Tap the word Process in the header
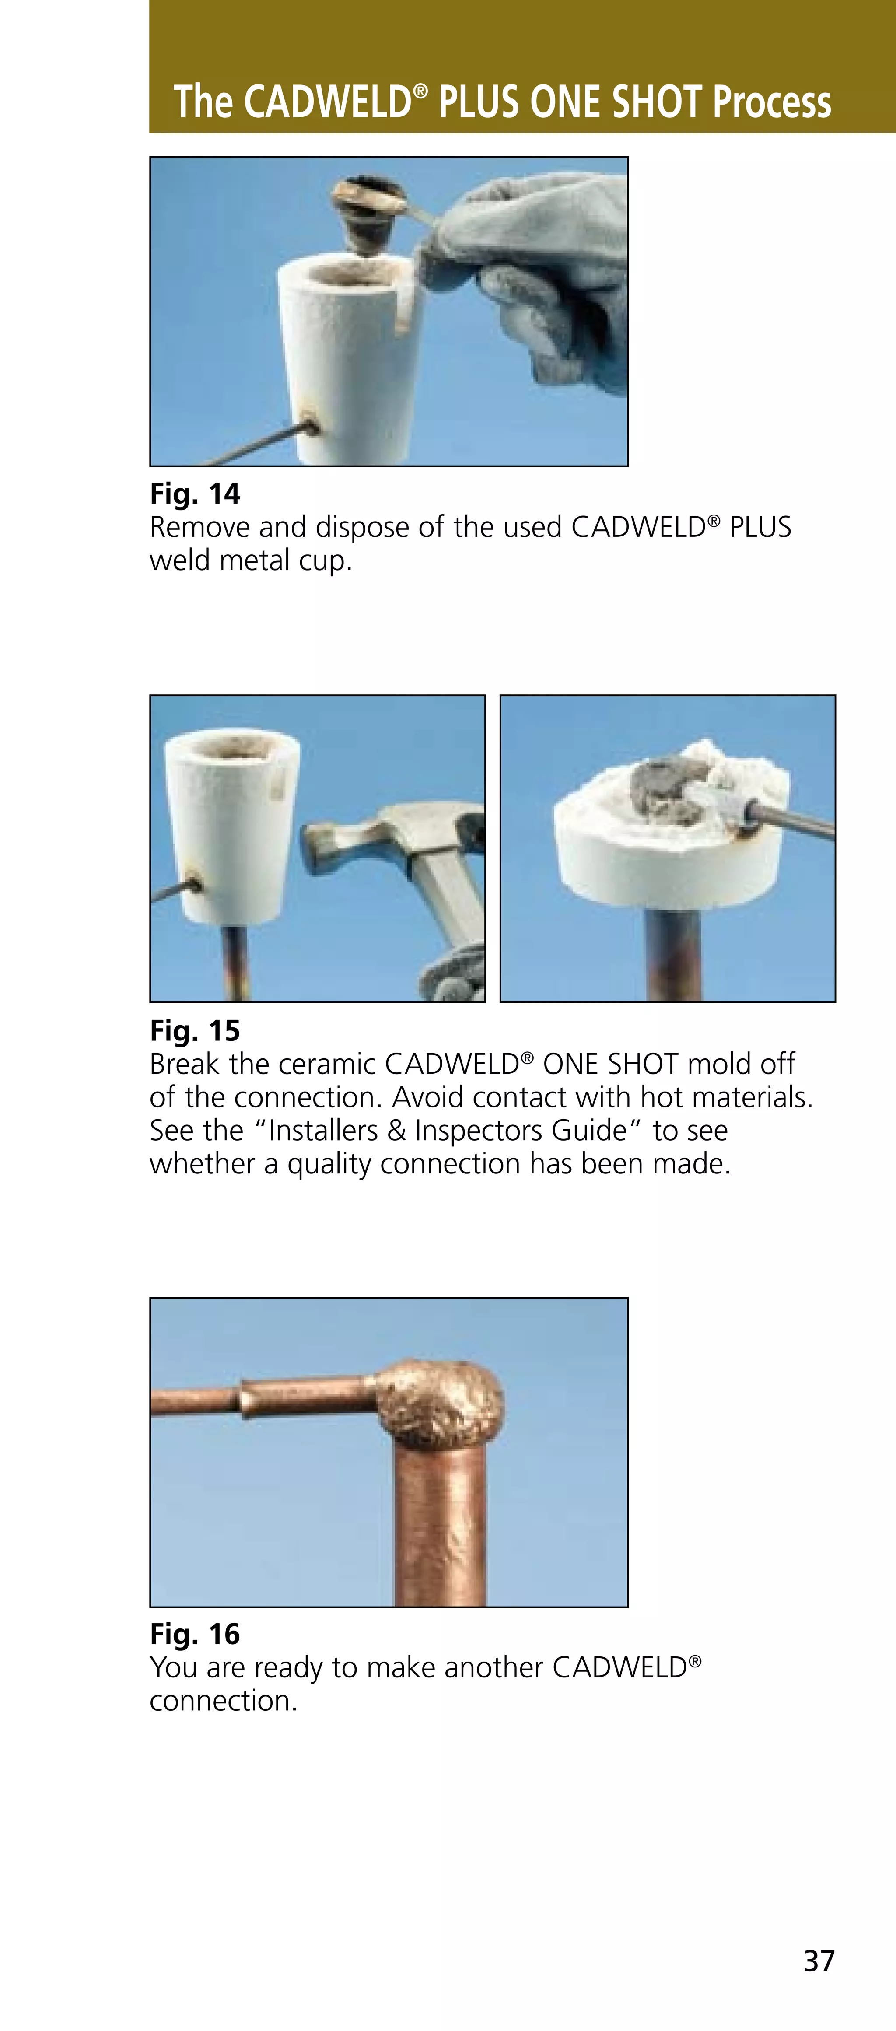coord(771,102)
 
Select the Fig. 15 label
coord(195,1030)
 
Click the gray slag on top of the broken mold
coord(666,788)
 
